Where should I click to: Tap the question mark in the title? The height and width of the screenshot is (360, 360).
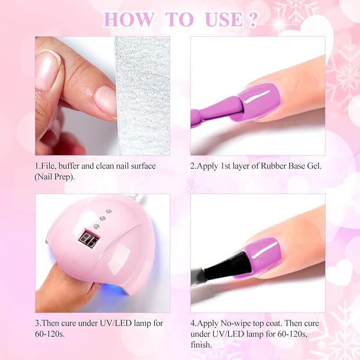click(x=252, y=19)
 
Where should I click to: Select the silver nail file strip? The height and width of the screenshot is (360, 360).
click(x=142, y=95)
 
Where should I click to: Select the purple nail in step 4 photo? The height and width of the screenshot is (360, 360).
click(x=260, y=256)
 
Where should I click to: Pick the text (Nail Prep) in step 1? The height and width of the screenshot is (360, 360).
click(x=55, y=177)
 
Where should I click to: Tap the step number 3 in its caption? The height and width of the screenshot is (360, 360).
click(x=37, y=323)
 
